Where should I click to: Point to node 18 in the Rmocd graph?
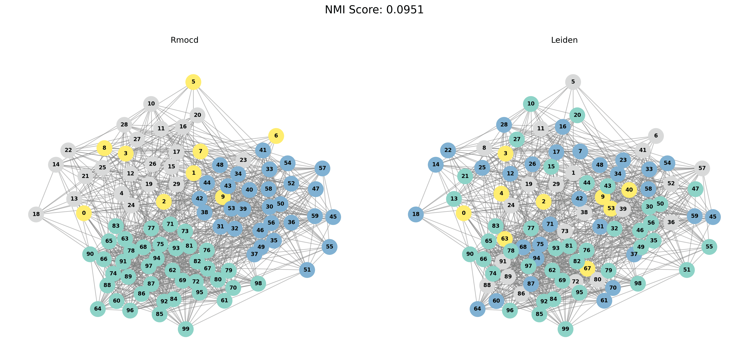36,214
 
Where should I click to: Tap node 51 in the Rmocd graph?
307,270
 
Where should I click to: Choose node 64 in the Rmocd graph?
98,308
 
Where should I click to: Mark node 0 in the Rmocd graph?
84,213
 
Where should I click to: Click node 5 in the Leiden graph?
573,82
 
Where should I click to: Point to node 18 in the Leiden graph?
416,214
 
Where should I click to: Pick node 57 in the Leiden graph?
702,168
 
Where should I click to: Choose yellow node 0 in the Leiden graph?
464,213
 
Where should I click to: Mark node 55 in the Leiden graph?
709,247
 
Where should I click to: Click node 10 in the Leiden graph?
531,104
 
